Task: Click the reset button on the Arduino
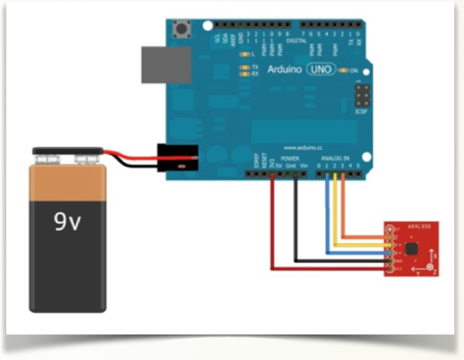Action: (182, 28)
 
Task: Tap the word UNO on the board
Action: (320, 70)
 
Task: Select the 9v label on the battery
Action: (68, 223)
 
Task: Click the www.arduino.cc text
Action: (303, 148)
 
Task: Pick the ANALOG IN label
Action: (337, 158)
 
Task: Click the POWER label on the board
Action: (290, 159)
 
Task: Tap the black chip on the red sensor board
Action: (411, 249)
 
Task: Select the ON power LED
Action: (346, 71)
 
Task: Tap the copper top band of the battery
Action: (68, 181)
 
